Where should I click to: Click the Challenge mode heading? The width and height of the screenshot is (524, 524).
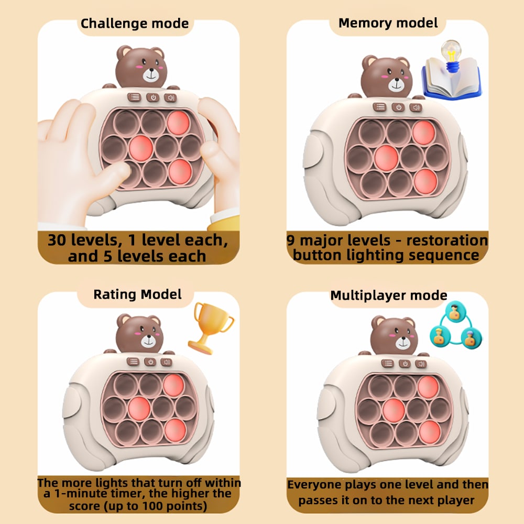point(135,24)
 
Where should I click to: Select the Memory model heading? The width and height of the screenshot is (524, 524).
point(388,23)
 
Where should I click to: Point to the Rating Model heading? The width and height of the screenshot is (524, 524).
point(137,294)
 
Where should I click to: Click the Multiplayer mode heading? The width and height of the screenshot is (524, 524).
point(389,295)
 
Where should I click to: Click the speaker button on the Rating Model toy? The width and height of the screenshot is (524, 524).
point(166,361)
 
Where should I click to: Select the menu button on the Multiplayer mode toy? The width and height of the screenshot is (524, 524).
point(388,363)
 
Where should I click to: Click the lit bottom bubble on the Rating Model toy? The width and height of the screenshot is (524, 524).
point(174,430)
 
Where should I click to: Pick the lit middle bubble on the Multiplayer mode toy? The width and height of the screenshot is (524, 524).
point(394,410)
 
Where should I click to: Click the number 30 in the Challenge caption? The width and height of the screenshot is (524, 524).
point(59,240)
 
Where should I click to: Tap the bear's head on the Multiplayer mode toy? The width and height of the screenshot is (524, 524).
point(394,333)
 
